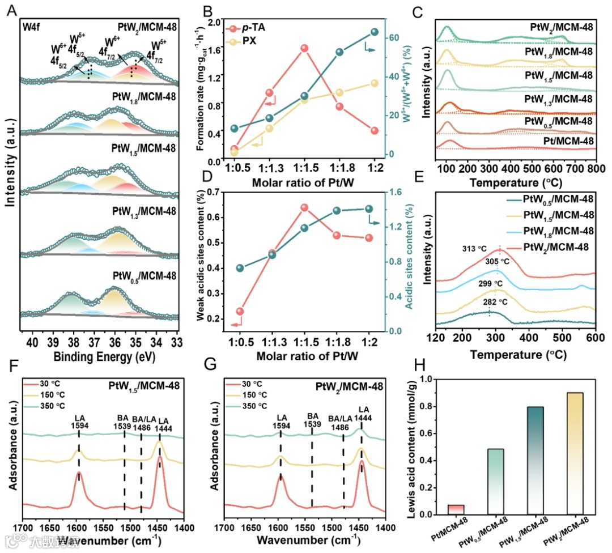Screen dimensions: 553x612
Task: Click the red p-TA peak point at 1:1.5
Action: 304,49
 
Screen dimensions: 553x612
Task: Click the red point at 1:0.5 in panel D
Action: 240,311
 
